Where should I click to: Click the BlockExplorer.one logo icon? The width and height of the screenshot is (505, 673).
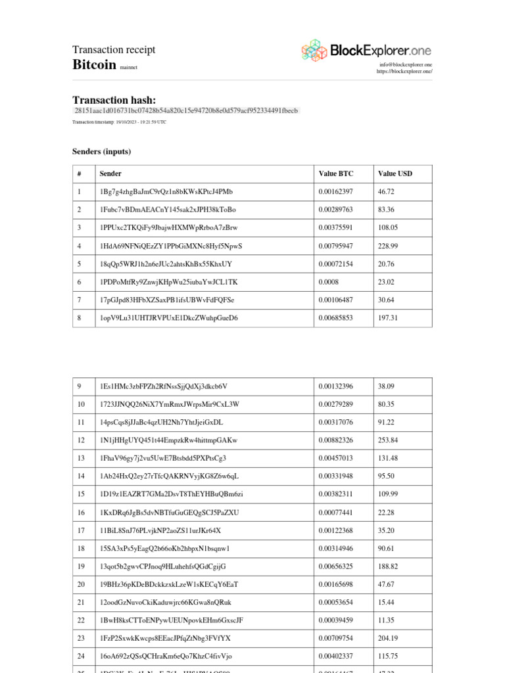(x=314, y=50)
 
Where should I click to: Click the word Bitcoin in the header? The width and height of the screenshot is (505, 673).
(x=94, y=65)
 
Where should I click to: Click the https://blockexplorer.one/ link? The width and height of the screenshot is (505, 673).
(x=404, y=72)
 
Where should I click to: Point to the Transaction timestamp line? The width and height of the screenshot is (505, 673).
(x=119, y=122)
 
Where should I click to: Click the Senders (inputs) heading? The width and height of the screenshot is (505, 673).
(x=101, y=152)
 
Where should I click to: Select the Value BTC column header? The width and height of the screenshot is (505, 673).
(x=335, y=174)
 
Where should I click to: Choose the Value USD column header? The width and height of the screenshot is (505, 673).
(x=395, y=174)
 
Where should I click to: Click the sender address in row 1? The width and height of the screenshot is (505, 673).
(x=166, y=192)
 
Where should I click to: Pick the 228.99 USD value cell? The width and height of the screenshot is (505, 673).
(x=389, y=246)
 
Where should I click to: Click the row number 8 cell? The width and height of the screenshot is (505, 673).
(x=80, y=318)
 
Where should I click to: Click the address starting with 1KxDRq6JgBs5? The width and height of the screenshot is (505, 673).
(x=169, y=512)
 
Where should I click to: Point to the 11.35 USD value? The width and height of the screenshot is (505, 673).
(x=387, y=620)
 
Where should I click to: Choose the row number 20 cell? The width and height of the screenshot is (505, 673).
(x=81, y=584)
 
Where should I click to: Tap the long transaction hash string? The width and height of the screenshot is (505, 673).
(x=186, y=111)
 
